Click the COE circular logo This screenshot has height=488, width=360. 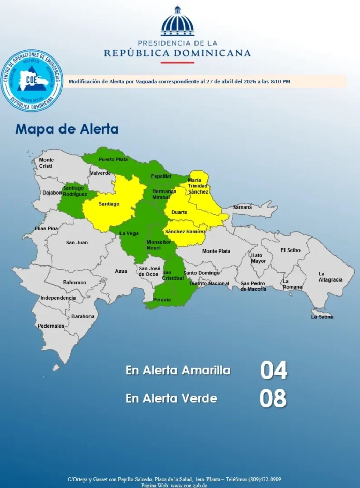click(32, 81)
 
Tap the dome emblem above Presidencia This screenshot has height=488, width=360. click(177, 22)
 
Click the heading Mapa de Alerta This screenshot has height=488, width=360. click(67, 129)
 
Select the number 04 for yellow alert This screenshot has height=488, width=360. click(273, 371)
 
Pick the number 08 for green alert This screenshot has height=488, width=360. click(273, 398)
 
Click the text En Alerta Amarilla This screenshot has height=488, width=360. click(177, 371)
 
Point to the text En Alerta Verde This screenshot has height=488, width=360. click(171, 398)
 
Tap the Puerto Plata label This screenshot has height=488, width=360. click(113, 159)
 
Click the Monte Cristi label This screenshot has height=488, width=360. click(47, 162)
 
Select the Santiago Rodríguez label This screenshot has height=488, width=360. click(75, 191)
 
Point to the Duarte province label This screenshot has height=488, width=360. click(179, 212)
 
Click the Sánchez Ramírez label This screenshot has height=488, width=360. click(185, 231)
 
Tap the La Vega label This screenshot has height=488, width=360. click(129, 233)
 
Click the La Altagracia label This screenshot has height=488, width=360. click(330, 276)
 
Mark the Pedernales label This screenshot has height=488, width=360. click(51, 326)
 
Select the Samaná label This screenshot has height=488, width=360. click(243, 207)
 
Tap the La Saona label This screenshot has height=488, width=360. click(322, 317)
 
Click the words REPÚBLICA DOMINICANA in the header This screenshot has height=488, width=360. click(177, 53)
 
